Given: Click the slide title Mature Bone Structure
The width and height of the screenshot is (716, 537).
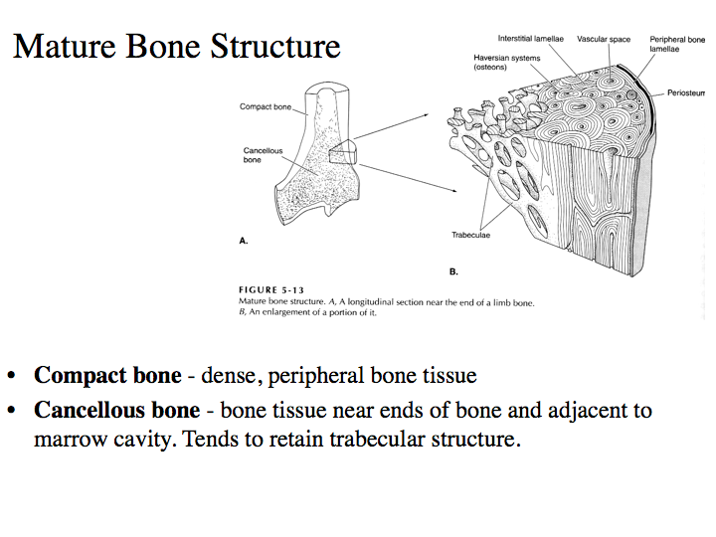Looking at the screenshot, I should tap(177, 46).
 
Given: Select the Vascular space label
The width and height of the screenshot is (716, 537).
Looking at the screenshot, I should tap(604, 39).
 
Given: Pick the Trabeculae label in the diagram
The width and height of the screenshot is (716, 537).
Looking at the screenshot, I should tap(472, 236).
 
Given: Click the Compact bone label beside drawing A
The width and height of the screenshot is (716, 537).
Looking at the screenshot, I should tap(265, 106).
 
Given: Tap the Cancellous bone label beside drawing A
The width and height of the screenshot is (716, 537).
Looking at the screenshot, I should tap(263, 155).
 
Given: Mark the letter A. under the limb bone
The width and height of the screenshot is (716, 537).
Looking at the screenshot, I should tap(244, 241).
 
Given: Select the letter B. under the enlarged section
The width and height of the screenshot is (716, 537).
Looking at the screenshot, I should tap(453, 270).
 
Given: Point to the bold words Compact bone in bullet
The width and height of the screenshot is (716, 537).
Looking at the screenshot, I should tap(107, 376).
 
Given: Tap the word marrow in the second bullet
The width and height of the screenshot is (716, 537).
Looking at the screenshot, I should tap(68, 439).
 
